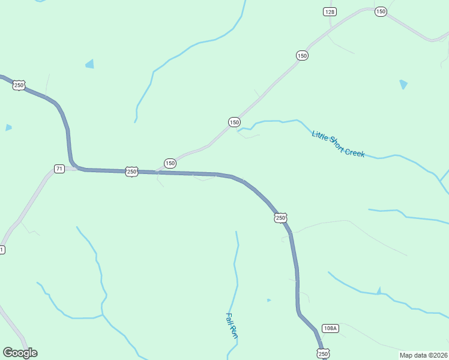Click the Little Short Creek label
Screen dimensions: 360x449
click(338, 144)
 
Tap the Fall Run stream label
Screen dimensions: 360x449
click(232, 326)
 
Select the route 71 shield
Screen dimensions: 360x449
click(59, 169)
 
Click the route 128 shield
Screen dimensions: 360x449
click(330, 12)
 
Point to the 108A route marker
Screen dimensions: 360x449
click(330, 328)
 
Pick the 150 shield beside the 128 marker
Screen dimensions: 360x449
click(380, 11)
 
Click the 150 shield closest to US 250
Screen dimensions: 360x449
click(170, 163)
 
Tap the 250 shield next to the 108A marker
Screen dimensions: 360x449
click(323, 354)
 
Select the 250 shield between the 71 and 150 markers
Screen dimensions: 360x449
click(132, 172)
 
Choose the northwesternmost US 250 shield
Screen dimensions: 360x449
click(19, 85)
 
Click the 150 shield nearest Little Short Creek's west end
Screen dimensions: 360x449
click(234, 122)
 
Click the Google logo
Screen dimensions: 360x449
click(20, 353)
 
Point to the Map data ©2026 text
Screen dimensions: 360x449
click(423, 355)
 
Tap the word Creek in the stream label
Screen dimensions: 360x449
click(354, 151)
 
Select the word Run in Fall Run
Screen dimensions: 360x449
click(234, 333)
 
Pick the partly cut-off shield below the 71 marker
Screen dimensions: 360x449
click(2, 250)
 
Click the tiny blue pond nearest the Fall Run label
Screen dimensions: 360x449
click(268, 300)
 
